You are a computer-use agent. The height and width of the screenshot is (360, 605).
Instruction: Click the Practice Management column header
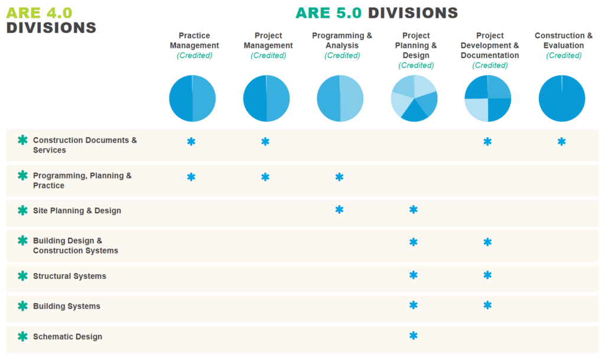coord(194,41)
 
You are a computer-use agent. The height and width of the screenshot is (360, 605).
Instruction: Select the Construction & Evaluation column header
coord(564,41)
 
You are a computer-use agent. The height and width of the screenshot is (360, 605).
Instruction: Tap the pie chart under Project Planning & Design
coord(414,98)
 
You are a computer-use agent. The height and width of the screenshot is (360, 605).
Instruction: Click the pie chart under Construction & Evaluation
coord(562,98)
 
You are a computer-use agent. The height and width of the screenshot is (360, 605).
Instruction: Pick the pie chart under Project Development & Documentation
coord(487,98)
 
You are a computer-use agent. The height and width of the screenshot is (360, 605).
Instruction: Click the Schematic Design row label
coord(67,336)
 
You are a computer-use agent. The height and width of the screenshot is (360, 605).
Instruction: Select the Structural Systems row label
coord(70,276)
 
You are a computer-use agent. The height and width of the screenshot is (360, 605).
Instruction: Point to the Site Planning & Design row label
coord(77,210)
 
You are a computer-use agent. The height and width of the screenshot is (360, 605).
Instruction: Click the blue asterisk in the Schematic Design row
coord(414,336)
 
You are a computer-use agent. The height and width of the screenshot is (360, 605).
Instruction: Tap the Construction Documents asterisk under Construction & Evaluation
coord(561,142)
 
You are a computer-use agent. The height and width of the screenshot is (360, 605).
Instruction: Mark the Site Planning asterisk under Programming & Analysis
coord(339,210)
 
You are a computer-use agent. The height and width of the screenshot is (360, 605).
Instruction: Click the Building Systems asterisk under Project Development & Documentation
coord(487,306)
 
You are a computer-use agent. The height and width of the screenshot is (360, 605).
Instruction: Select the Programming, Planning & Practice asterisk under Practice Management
coord(191,177)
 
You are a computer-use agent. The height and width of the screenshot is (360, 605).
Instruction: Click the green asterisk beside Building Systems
coord(22,306)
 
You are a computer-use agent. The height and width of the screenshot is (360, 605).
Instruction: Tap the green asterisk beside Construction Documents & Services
coord(22,140)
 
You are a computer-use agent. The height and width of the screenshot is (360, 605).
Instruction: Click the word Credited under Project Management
coord(268,56)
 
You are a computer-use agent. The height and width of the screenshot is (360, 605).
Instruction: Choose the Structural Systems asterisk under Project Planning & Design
coord(414,275)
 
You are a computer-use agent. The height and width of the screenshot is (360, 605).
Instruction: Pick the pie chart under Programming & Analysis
coord(340,98)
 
